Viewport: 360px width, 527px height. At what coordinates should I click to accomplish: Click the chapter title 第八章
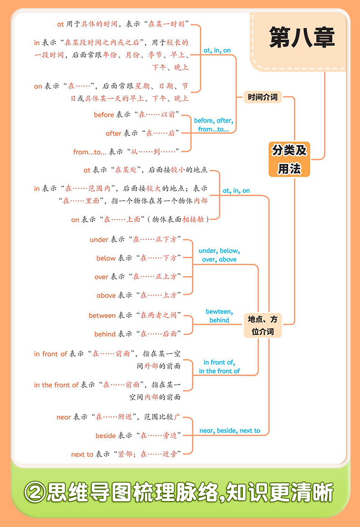click(x=302, y=38)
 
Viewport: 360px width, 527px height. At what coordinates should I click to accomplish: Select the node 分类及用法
click(x=289, y=159)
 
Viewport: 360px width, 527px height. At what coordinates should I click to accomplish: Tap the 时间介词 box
click(x=262, y=97)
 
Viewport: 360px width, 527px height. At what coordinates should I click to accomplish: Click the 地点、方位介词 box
click(x=262, y=325)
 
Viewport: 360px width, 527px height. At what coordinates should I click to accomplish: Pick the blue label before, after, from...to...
click(x=213, y=125)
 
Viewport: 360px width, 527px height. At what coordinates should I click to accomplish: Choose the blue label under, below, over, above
click(x=219, y=255)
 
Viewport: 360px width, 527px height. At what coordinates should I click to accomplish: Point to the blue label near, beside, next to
click(x=230, y=430)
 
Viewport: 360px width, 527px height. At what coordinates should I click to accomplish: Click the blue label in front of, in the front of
click(x=219, y=367)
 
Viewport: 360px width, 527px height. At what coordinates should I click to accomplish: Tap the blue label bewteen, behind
click(x=219, y=316)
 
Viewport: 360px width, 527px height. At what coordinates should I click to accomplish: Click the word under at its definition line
click(x=99, y=240)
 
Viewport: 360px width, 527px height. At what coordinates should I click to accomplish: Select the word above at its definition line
click(x=106, y=296)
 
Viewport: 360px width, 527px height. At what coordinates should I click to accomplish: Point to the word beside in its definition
click(x=106, y=436)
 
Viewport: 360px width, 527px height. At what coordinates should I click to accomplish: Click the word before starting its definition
click(x=104, y=115)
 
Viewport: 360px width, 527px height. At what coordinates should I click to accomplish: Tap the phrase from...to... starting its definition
click(x=90, y=152)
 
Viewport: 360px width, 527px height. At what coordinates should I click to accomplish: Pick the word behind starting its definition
click(x=105, y=334)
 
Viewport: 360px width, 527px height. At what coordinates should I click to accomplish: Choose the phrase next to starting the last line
click(x=82, y=455)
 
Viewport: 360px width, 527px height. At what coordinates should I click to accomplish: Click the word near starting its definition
click(x=64, y=417)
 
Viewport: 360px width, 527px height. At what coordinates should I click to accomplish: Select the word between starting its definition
click(x=102, y=316)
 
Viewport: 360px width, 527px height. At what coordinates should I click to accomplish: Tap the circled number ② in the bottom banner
click(x=35, y=493)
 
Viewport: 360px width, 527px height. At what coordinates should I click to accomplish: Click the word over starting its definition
click(x=101, y=277)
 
